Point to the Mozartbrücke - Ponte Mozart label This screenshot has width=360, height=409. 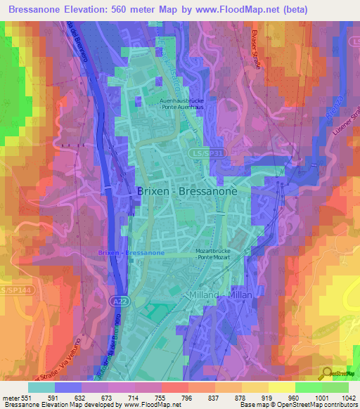(x=216, y=253)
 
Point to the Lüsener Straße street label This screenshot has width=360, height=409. (x=342, y=117)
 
